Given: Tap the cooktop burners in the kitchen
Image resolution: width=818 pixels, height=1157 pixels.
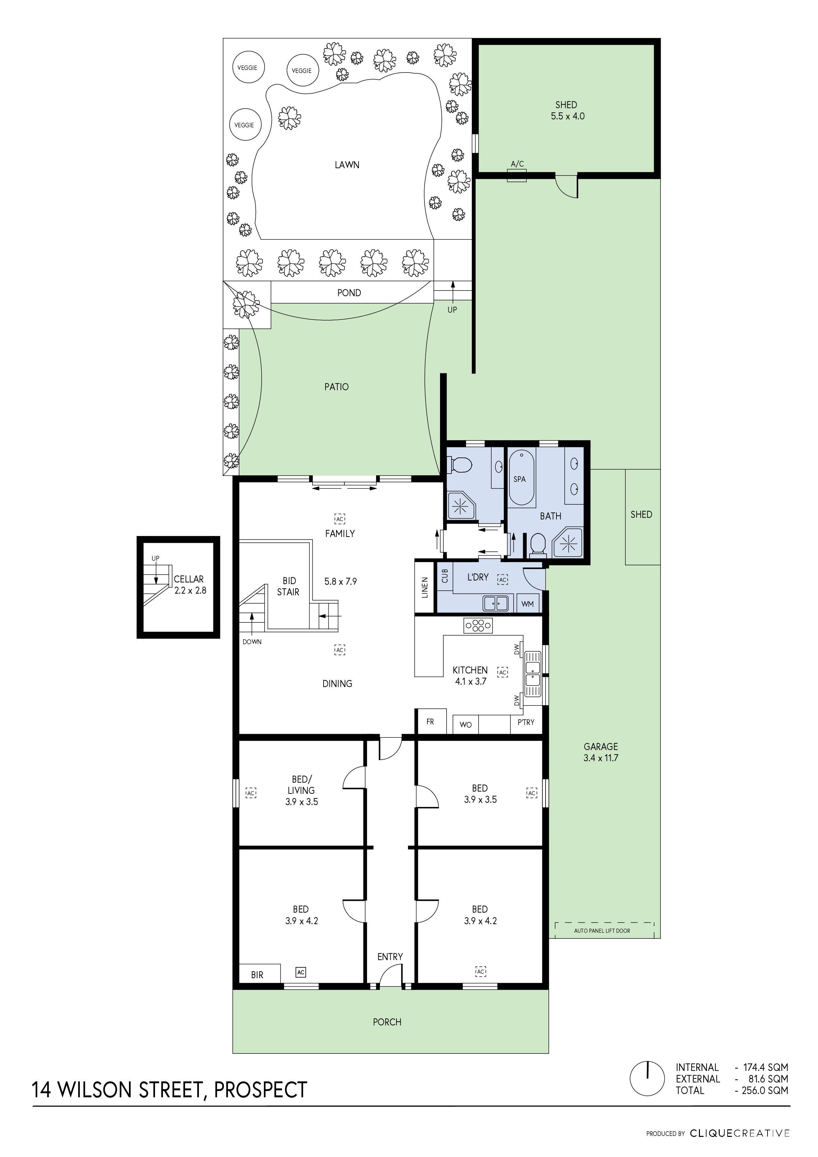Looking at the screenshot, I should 478,626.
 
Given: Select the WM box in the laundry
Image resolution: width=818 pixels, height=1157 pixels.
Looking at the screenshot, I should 527,604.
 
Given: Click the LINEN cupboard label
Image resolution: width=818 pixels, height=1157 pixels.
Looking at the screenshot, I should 425,588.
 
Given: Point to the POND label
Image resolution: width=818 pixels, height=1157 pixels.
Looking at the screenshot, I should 349,293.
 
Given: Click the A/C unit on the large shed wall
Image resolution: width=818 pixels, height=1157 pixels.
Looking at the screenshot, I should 517,175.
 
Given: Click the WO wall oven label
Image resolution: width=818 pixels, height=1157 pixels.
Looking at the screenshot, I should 466,725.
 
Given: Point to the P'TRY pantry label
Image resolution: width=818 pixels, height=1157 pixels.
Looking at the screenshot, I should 526,722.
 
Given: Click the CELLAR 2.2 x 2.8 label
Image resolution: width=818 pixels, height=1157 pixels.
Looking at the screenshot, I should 190,584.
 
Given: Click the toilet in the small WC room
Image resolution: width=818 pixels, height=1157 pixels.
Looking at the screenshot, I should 460,464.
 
